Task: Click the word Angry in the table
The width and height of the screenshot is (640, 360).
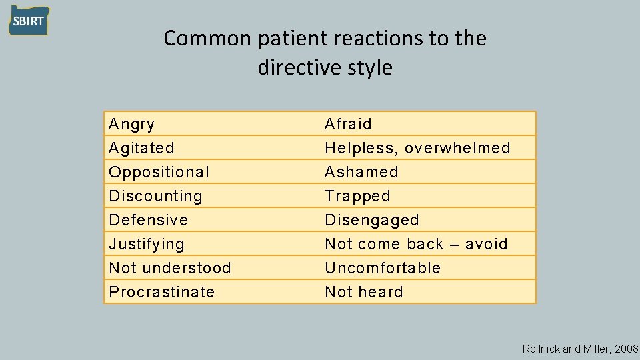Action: [x=131, y=124]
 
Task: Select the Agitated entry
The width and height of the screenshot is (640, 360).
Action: [x=141, y=148]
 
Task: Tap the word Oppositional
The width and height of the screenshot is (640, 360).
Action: [x=159, y=172]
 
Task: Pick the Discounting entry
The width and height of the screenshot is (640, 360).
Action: [x=155, y=196]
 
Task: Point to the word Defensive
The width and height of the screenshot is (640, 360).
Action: [x=148, y=220]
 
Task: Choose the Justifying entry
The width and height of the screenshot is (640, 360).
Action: [x=146, y=244]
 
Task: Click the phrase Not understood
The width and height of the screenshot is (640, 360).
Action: [x=169, y=268]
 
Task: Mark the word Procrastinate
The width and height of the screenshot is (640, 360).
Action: [x=161, y=292]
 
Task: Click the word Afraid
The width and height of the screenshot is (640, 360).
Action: [x=348, y=124]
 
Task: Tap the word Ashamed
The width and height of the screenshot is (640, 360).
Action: [x=361, y=172]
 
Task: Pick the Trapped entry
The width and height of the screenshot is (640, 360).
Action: [x=357, y=196]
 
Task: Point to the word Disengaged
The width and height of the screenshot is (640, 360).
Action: [x=371, y=220]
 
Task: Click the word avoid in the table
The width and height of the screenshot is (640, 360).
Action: [x=487, y=244]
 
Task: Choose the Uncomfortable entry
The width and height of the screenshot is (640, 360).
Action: [x=383, y=268]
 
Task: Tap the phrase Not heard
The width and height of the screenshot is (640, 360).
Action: [x=363, y=292]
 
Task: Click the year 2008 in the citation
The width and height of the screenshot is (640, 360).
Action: [x=627, y=349]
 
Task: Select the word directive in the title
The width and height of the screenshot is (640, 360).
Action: [x=292, y=67]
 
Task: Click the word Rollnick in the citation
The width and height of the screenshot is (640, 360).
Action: [x=542, y=349]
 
